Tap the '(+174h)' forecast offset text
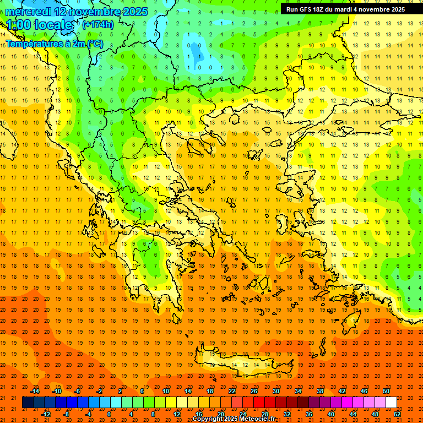tap(98, 24)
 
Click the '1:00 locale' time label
tap(39, 25)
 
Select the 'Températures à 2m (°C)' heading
tap(54, 44)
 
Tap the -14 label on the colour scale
tap(35, 391)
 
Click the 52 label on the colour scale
tap(397, 414)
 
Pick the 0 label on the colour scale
tap(109, 414)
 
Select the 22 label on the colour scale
tap(232, 391)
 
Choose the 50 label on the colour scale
tap(386, 391)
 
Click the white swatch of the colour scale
tap(391, 402)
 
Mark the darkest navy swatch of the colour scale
tap(28, 402)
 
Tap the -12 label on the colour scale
tap(46, 414)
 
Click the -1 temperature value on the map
tap(198, 56)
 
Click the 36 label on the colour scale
tap(309, 414)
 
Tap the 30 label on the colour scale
tap(276, 391)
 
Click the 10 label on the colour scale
tap(166, 391)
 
